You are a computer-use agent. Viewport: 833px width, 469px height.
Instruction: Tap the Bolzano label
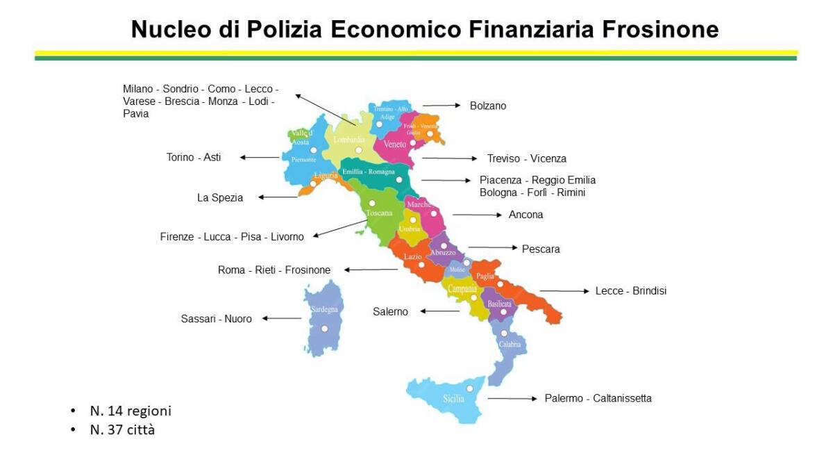coord(488,106)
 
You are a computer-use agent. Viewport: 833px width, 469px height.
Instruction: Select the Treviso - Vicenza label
coord(526,158)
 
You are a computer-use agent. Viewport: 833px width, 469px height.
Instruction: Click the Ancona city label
coord(525,215)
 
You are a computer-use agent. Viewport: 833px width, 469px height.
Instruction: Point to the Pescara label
coord(541,249)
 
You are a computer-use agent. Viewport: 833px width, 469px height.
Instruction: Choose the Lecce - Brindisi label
coord(630,291)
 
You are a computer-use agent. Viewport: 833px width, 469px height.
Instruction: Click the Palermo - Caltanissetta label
coord(598,398)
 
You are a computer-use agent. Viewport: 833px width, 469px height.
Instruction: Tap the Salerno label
coord(390,312)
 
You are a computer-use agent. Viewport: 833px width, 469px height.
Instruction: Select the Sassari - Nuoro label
coord(216,319)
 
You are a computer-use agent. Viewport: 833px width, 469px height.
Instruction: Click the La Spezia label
coord(220,198)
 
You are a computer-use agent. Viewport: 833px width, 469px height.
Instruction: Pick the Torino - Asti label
coord(194,158)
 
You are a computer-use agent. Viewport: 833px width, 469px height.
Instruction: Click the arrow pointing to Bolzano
coord(441,106)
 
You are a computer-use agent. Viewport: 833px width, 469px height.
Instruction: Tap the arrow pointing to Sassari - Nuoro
coord(281,319)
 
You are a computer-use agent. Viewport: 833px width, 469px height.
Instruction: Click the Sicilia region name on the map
coord(453,400)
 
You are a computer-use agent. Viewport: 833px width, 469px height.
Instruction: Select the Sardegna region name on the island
coord(324,309)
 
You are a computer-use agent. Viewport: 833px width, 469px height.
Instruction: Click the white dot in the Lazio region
coord(421,265)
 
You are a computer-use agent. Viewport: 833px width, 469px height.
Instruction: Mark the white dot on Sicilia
coord(470,388)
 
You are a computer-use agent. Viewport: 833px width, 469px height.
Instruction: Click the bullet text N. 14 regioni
coord(131,411)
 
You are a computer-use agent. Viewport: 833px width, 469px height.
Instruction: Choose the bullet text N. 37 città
coord(122,430)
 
